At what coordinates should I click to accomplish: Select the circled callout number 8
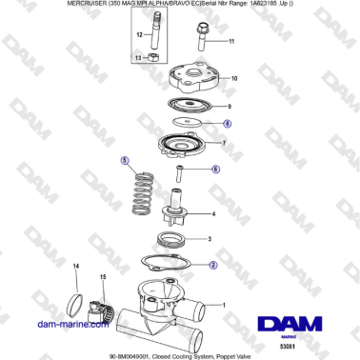[x=227, y=124]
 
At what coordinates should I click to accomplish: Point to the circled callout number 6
[x=215, y=169]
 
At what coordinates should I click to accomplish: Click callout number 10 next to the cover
[x=233, y=78]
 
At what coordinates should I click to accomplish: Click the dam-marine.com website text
[x=69, y=324]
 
